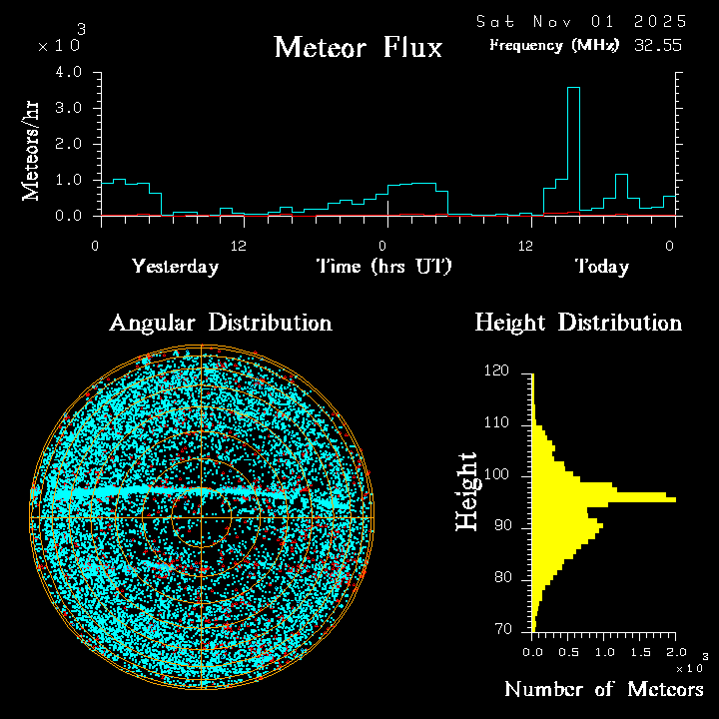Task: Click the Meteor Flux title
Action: tap(358, 47)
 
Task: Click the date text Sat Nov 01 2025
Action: tap(581, 21)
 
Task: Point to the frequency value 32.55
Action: tap(658, 45)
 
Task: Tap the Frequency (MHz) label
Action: tap(554, 45)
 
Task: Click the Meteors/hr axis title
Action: tap(32, 151)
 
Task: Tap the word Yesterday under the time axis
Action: tap(175, 267)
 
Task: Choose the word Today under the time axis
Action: tap(601, 267)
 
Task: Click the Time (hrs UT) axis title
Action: tap(384, 267)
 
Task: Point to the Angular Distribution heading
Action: tap(220, 324)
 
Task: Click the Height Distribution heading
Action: tap(578, 324)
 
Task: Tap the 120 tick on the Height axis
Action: tap(496, 371)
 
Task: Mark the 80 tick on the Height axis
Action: tap(500, 578)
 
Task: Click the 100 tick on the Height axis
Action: tap(496, 475)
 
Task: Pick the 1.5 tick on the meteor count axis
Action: tap(639, 651)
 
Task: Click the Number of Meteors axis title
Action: tap(603, 690)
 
